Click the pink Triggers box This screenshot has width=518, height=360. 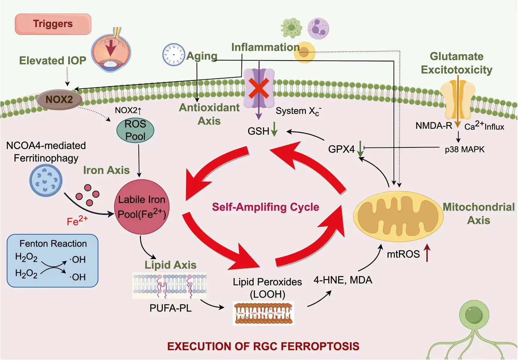coord(53,24)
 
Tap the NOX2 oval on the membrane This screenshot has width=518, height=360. coord(59,100)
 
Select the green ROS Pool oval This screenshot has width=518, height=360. coord(135,130)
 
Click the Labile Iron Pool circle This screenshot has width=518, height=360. coord(141,207)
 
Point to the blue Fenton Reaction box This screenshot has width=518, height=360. coord(52,261)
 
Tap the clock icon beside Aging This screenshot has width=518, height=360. coord(173,55)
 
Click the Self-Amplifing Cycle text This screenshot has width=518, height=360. coord(265,207)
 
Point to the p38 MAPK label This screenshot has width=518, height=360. coord(464,149)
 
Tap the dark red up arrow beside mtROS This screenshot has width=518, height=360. coord(427,253)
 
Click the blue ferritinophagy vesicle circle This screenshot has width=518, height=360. coord(46,180)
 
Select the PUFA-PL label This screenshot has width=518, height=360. coord(170,308)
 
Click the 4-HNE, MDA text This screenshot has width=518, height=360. coord(343,280)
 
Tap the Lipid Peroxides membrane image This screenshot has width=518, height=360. coord(263,313)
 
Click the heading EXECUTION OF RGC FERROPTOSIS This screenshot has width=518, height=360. coord(263,347)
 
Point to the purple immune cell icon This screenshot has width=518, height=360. coord(318,28)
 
